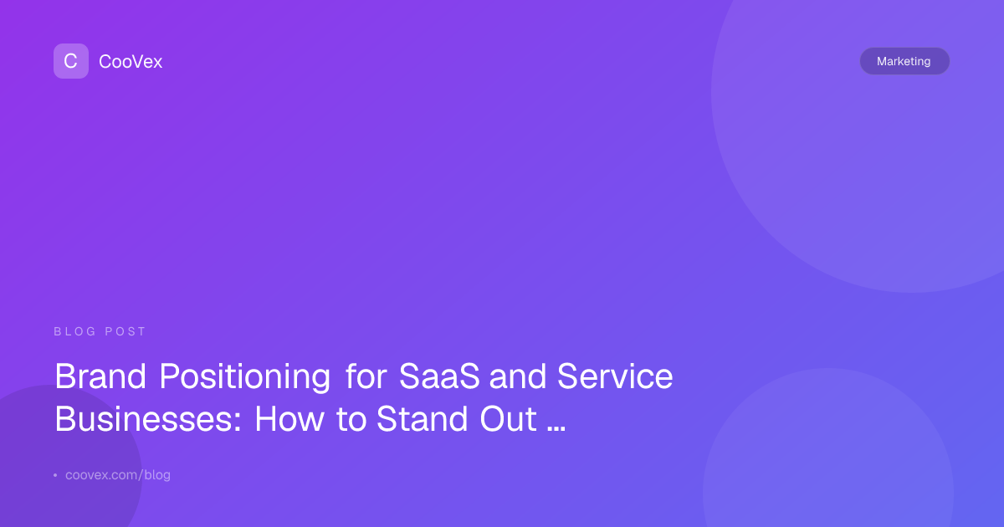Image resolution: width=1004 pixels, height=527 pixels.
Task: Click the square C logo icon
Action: (71, 61)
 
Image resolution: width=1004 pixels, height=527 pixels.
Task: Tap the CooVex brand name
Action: (131, 62)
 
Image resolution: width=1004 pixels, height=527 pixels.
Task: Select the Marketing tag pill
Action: (904, 61)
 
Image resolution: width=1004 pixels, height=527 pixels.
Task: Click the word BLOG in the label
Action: (74, 331)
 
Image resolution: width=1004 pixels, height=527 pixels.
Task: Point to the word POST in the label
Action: (125, 331)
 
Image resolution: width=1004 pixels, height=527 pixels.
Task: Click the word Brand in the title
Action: (100, 376)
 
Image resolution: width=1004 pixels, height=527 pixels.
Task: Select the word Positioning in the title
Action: (245, 377)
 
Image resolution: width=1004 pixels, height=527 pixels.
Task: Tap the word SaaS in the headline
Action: (439, 376)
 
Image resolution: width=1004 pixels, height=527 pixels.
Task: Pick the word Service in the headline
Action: (615, 376)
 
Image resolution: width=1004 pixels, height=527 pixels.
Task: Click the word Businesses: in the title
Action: (148, 419)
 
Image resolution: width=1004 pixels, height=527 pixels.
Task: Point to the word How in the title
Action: (289, 419)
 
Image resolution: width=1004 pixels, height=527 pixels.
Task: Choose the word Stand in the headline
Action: (423, 419)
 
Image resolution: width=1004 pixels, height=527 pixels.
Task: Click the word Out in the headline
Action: (509, 419)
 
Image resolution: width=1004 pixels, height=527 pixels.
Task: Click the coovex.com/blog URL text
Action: (118, 475)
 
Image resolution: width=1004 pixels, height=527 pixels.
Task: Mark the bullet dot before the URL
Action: (55, 475)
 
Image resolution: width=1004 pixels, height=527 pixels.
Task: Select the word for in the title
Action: (366, 376)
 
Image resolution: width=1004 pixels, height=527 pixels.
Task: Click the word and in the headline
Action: (518, 376)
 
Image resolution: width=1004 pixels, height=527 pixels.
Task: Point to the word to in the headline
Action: (351, 420)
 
